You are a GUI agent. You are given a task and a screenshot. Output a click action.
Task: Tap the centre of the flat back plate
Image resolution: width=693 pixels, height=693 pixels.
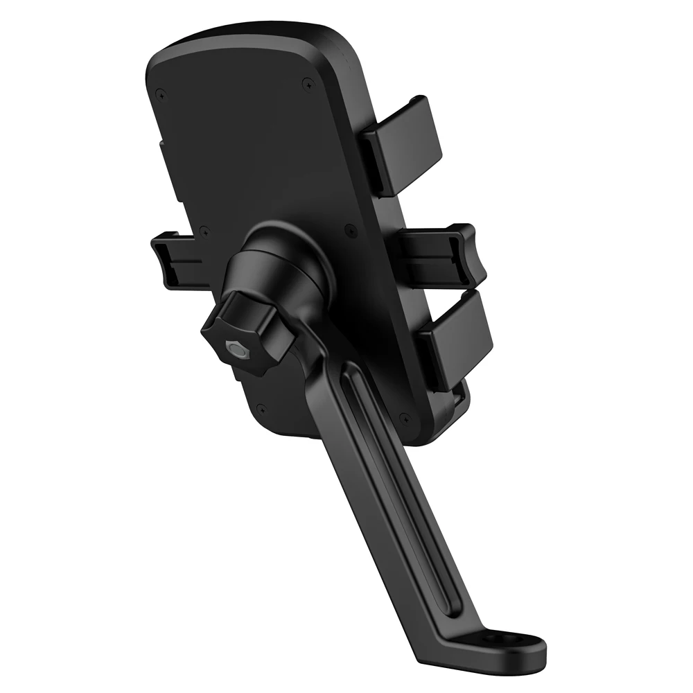tap(256, 152)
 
